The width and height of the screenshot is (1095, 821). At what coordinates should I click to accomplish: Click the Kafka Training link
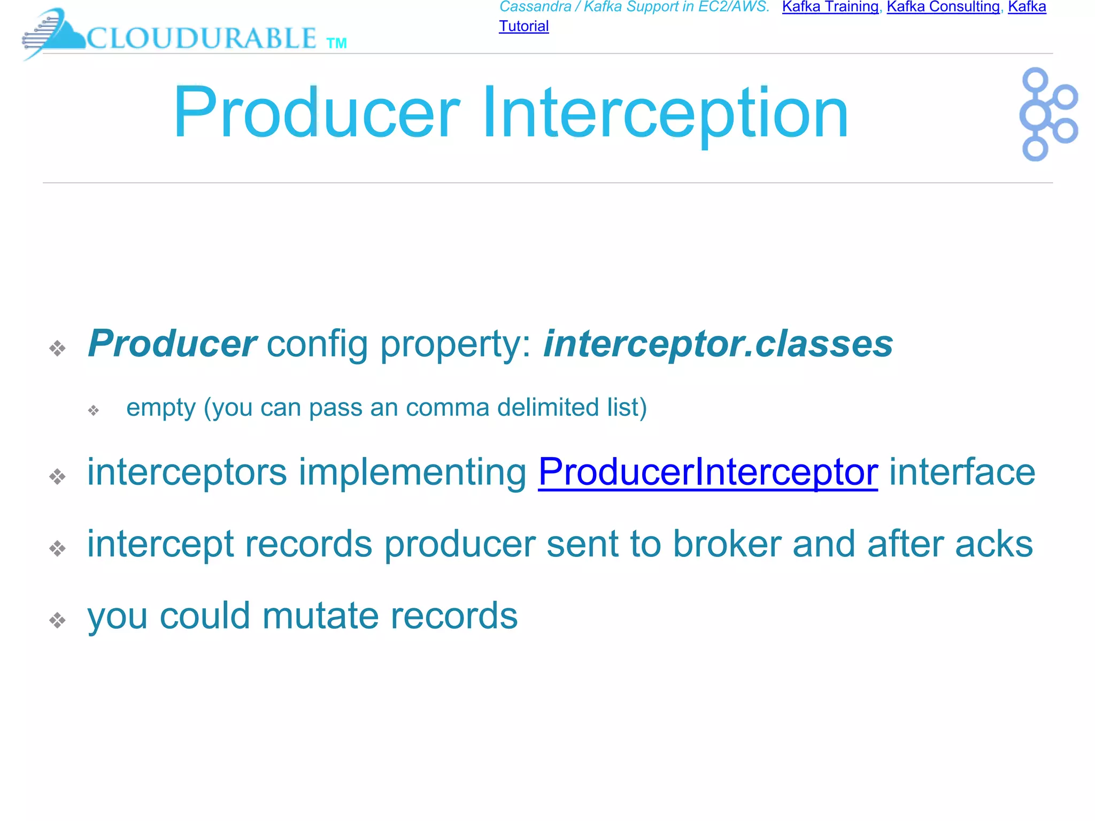point(830,7)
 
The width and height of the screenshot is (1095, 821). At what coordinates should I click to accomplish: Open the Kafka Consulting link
point(943,7)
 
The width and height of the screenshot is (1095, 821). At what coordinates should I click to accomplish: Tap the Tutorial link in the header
point(523,26)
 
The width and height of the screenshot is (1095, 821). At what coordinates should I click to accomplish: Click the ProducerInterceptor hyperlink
point(707,472)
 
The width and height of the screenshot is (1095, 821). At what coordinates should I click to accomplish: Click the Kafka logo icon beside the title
point(1047,114)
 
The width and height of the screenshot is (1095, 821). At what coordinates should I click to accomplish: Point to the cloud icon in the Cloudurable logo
point(59,33)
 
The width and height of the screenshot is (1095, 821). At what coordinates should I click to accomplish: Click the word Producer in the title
point(316,113)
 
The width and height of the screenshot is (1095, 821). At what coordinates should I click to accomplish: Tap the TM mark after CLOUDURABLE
point(336,43)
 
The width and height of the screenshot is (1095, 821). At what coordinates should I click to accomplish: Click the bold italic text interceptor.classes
point(718,344)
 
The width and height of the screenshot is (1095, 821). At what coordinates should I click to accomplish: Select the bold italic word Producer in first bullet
point(172,344)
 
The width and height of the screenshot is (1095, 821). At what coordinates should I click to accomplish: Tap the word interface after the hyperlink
point(961,472)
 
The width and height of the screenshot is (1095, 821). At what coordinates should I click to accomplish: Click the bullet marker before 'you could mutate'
point(57,620)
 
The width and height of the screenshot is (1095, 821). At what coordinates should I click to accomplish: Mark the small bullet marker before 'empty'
point(94,410)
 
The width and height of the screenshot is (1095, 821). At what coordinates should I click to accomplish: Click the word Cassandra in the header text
point(535,7)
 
